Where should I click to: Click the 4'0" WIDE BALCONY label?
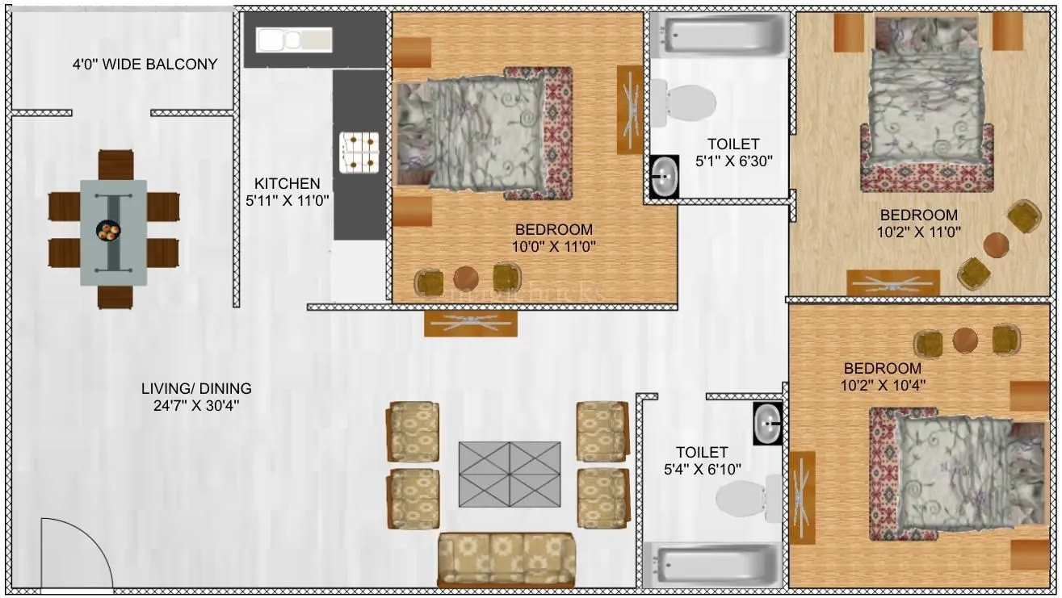tap(145, 65)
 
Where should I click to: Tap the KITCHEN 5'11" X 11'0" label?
tap(287, 191)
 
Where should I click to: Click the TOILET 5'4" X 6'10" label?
tap(701, 460)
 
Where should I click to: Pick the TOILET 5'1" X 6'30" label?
tap(733, 152)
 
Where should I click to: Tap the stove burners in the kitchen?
tap(359, 153)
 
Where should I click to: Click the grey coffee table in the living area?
tap(509, 474)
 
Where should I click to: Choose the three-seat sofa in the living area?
tap(506, 559)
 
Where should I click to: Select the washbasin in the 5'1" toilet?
tap(665, 176)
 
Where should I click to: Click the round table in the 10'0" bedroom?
tap(466, 278)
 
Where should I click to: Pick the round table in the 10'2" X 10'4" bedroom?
tap(965, 340)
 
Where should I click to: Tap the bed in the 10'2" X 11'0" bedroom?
tap(926, 105)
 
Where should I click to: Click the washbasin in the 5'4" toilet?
tap(767, 422)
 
